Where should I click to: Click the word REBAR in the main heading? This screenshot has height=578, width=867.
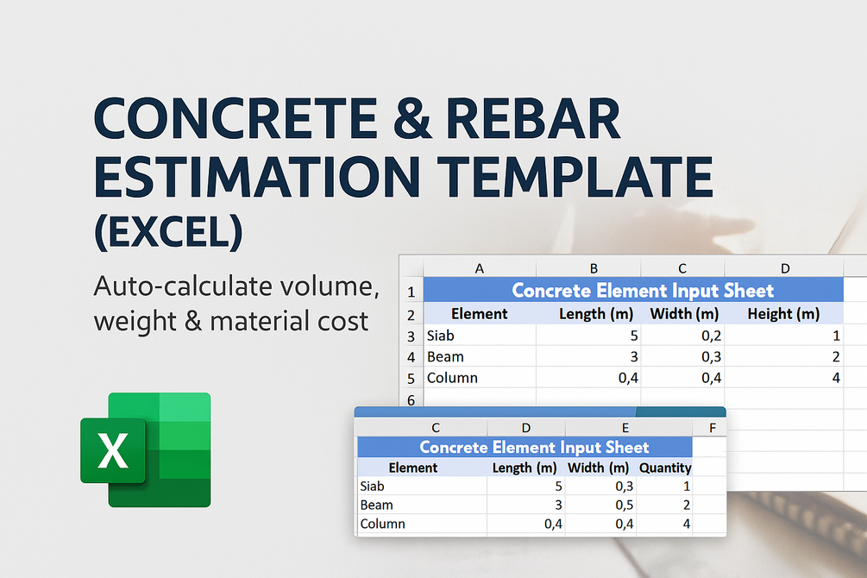[533, 118]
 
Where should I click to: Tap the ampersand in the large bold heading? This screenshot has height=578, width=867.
[412, 118]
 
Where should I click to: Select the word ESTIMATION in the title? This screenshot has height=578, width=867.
[257, 177]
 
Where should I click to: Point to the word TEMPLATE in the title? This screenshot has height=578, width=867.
[575, 177]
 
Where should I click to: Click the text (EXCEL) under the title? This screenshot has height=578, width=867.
[168, 232]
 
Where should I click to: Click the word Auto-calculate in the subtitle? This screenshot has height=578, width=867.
[184, 286]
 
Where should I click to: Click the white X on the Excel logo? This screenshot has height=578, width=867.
[113, 450]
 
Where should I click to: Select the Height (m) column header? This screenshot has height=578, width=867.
[783, 314]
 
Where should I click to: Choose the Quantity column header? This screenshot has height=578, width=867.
[665, 468]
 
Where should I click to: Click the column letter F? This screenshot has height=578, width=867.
[713, 428]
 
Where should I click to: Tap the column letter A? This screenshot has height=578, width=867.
[480, 269]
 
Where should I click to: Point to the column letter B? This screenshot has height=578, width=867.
[594, 269]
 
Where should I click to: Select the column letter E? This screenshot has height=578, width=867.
[625, 428]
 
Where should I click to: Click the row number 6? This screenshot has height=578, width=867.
[411, 400]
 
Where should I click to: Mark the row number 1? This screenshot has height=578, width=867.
[411, 292]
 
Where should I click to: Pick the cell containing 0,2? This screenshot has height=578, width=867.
[682, 336]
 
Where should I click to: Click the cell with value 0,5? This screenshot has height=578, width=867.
[600, 505]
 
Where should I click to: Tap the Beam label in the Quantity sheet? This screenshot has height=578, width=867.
[376, 505]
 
